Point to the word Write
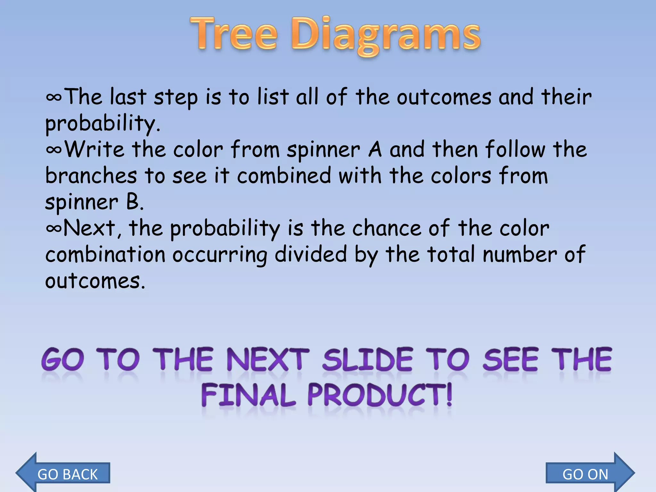(x=94, y=150)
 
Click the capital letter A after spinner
(x=375, y=150)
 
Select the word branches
(x=91, y=176)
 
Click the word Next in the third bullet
(x=89, y=228)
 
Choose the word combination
(x=105, y=255)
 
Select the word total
(x=451, y=255)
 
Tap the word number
(x=520, y=255)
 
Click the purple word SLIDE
(x=367, y=360)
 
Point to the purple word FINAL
(x=248, y=395)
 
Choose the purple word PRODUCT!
(x=380, y=395)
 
